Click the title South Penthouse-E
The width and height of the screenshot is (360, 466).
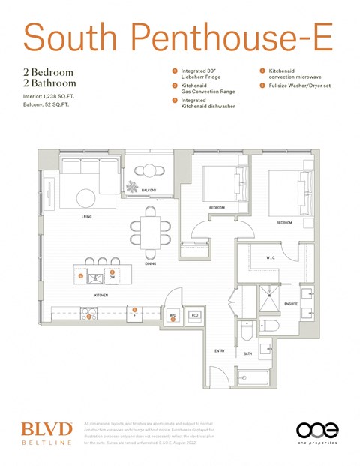click(178, 35)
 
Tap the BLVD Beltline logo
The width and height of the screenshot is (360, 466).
click(46, 433)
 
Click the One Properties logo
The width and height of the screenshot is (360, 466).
click(316, 433)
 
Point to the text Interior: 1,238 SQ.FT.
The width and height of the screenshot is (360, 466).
click(49, 98)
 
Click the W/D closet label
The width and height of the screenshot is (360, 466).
click(172, 315)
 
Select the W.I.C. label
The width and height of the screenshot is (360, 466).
click(271, 258)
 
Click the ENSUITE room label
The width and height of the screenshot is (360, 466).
click(291, 304)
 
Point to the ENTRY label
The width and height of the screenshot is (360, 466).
click(220, 350)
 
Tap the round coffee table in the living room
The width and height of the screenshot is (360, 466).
click(85, 197)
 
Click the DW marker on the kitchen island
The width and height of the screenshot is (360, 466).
click(112, 276)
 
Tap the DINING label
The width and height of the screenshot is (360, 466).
click(151, 263)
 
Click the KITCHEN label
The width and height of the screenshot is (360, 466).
click(100, 296)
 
